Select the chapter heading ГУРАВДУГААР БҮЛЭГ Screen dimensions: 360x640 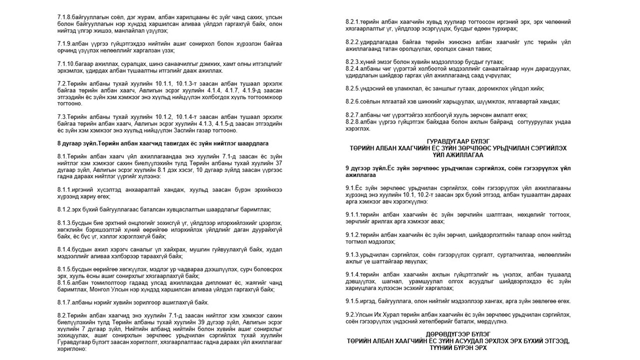click(458, 142)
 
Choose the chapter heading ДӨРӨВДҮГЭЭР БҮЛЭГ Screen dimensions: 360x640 click(458, 334)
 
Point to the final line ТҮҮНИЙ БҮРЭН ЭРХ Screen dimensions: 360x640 click(458, 347)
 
